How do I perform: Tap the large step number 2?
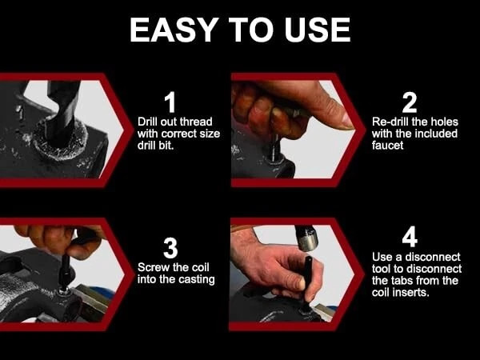click(410, 102)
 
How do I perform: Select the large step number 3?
click(170, 248)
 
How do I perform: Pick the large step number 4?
click(410, 238)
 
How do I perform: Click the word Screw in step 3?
click(154, 267)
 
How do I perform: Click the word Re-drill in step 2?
click(393, 122)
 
